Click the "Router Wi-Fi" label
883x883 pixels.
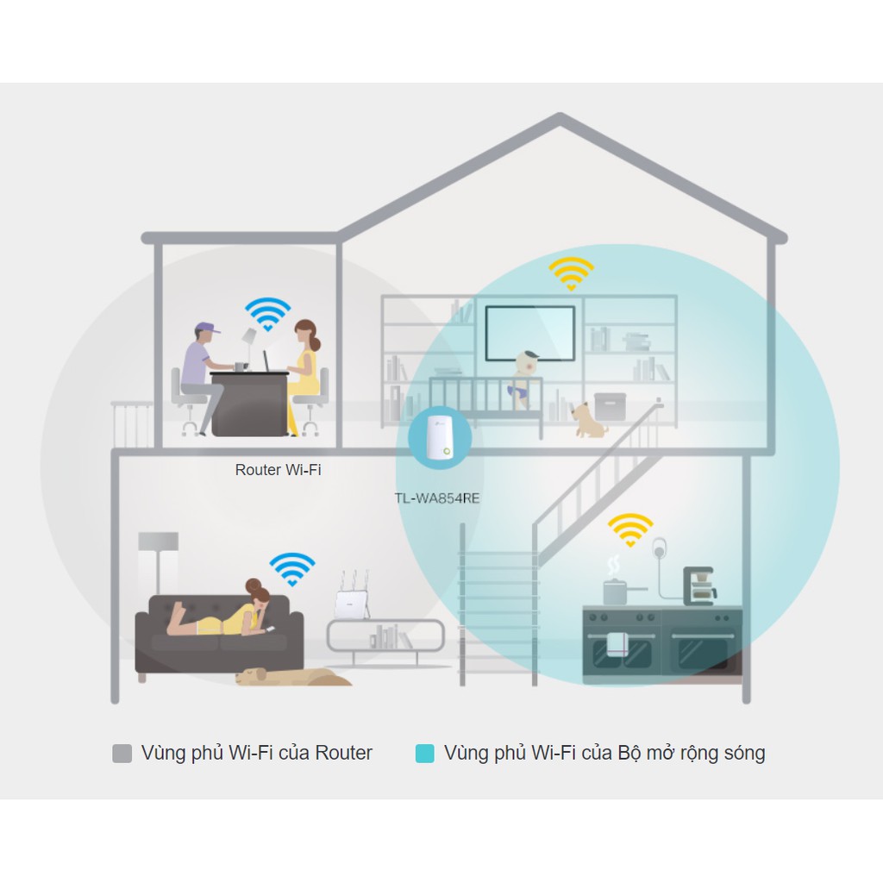(278, 470)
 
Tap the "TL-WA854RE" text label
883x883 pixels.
(437, 498)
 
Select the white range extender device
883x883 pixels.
(439, 438)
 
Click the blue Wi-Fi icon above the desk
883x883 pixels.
(267, 314)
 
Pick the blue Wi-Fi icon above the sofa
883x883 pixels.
(291, 568)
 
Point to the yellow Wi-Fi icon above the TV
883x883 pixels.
(571, 273)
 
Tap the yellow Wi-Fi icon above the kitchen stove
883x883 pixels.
(630, 529)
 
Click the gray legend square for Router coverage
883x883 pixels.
(122, 754)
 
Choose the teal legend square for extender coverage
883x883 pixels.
(424, 754)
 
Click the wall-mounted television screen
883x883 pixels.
(529, 332)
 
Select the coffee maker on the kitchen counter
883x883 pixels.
(698, 586)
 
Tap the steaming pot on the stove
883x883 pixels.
(615, 590)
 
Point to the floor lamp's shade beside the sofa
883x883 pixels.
(158, 542)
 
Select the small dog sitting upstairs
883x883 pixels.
(590, 418)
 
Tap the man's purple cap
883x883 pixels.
(206, 329)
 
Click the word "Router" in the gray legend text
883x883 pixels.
(343, 753)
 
